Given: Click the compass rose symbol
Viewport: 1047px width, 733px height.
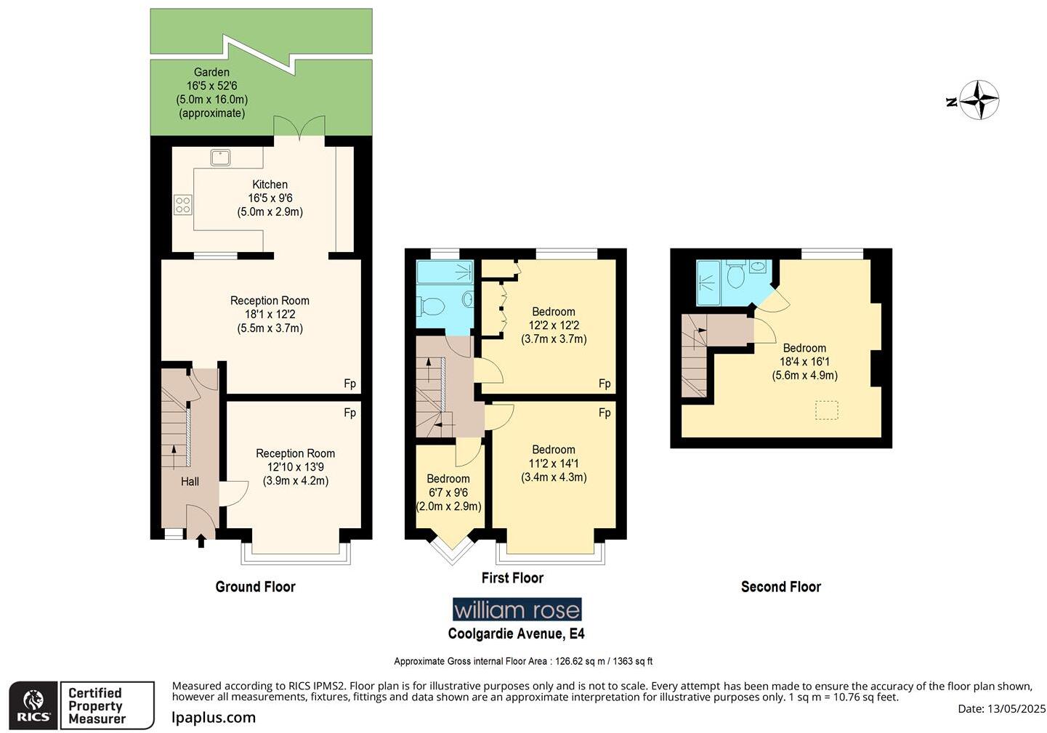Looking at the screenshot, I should [979, 100].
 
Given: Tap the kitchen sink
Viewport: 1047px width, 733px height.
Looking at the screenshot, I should [220, 157].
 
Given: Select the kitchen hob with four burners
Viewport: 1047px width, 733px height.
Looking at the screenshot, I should [182, 205].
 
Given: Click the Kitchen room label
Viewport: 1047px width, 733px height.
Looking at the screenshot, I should [270, 185].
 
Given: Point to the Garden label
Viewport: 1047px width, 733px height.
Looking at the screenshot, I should [211, 73].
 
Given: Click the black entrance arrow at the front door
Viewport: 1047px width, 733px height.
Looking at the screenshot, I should [201, 540].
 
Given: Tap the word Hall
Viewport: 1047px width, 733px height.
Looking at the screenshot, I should [190, 482].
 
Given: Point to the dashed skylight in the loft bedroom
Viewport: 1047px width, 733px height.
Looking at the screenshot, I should [826, 410].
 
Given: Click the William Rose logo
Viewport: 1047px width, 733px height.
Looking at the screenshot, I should [517, 610].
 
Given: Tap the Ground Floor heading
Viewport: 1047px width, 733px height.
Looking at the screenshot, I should [255, 587].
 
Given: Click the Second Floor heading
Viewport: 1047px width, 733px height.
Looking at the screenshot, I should [780, 587].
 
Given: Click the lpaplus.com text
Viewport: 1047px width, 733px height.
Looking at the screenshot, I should [214, 718].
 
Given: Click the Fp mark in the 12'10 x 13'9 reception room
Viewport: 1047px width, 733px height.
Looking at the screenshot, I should [349, 413].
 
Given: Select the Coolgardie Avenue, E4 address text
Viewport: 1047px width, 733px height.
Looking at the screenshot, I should [516, 633].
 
